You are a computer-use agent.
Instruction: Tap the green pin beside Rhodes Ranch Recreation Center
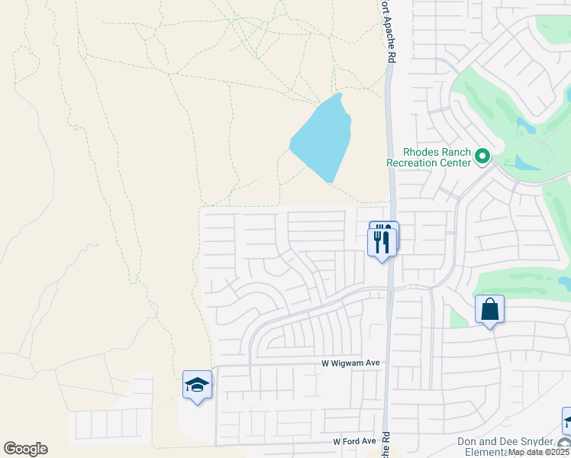pyautogui.click(x=482, y=156)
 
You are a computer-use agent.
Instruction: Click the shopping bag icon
pyautogui.click(x=489, y=310)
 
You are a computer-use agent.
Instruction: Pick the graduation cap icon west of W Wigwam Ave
pyautogui.click(x=197, y=385)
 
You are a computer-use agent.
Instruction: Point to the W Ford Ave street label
pyautogui.click(x=354, y=441)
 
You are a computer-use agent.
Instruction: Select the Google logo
pyautogui.click(x=25, y=449)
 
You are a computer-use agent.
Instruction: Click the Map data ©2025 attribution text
pyautogui.click(x=539, y=453)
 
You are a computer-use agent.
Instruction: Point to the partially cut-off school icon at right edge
pyautogui.click(x=566, y=421)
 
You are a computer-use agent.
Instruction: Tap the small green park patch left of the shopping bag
pyautogui.click(x=457, y=314)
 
